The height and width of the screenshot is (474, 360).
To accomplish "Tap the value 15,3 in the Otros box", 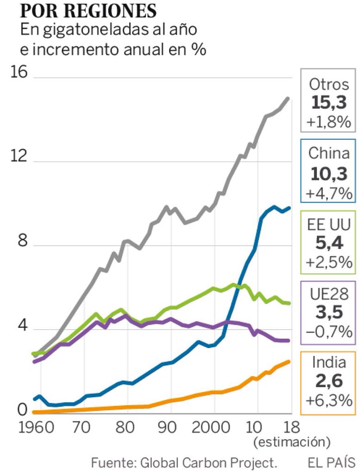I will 328,103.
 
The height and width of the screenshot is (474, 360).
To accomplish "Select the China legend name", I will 328,153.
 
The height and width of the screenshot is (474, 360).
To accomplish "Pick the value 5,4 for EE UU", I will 328,242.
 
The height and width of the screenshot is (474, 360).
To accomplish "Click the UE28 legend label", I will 328,294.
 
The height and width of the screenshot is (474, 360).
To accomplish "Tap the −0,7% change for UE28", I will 328,332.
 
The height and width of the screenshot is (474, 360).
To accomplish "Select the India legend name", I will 328,362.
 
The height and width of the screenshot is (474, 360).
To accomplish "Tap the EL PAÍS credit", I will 331,462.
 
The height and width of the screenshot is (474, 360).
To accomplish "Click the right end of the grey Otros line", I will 288,98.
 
